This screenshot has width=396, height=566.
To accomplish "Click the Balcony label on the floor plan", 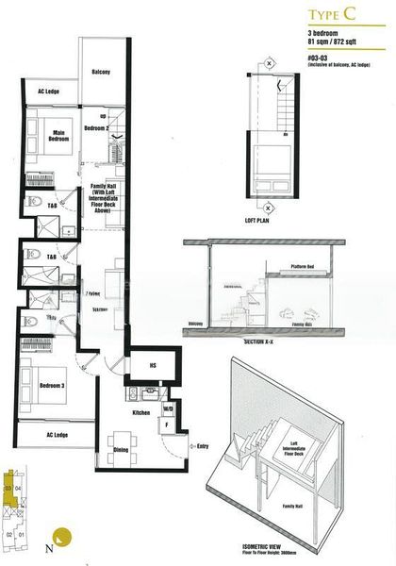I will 101,73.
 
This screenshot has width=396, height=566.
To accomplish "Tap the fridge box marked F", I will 167,423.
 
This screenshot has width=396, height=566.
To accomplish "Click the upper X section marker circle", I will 270,63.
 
